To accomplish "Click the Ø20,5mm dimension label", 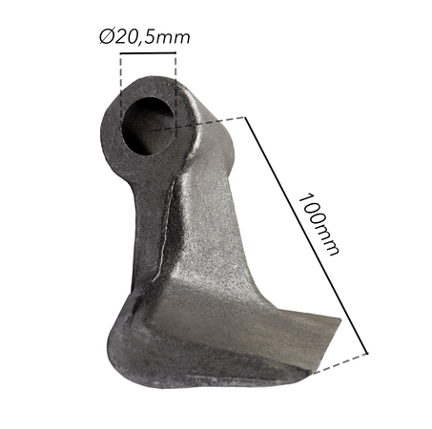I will coord(144,37).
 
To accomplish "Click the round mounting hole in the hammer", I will coord(148,112).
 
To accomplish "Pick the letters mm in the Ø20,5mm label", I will coord(175,37).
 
